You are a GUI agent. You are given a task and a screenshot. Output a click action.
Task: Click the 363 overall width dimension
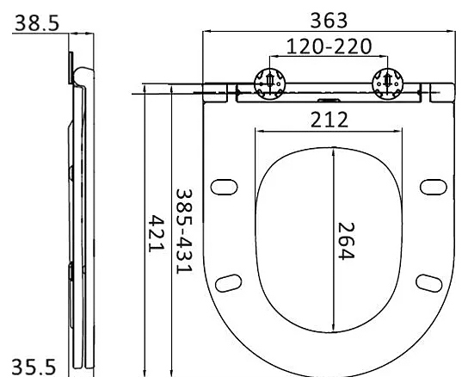[x=329, y=21]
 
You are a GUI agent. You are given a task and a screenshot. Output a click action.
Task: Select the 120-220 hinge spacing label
[x=329, y=46]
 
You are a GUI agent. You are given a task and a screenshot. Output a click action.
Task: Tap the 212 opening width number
[x=329, y=120]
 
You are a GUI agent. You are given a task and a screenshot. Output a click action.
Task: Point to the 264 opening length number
[x=346, y=241]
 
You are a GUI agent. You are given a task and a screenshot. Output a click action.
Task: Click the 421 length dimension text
[x=157, y=233]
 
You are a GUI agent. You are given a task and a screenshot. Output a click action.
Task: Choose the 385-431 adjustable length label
[x=184, y=231]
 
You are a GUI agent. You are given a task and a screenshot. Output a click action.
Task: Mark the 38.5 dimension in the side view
[x=37, y=22]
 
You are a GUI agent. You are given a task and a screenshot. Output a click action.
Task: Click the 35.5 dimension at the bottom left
[x=34, y=367]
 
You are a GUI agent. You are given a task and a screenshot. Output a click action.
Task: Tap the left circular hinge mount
[x=270, y=83]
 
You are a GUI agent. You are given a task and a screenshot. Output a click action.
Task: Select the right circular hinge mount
[x=387, y=83]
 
